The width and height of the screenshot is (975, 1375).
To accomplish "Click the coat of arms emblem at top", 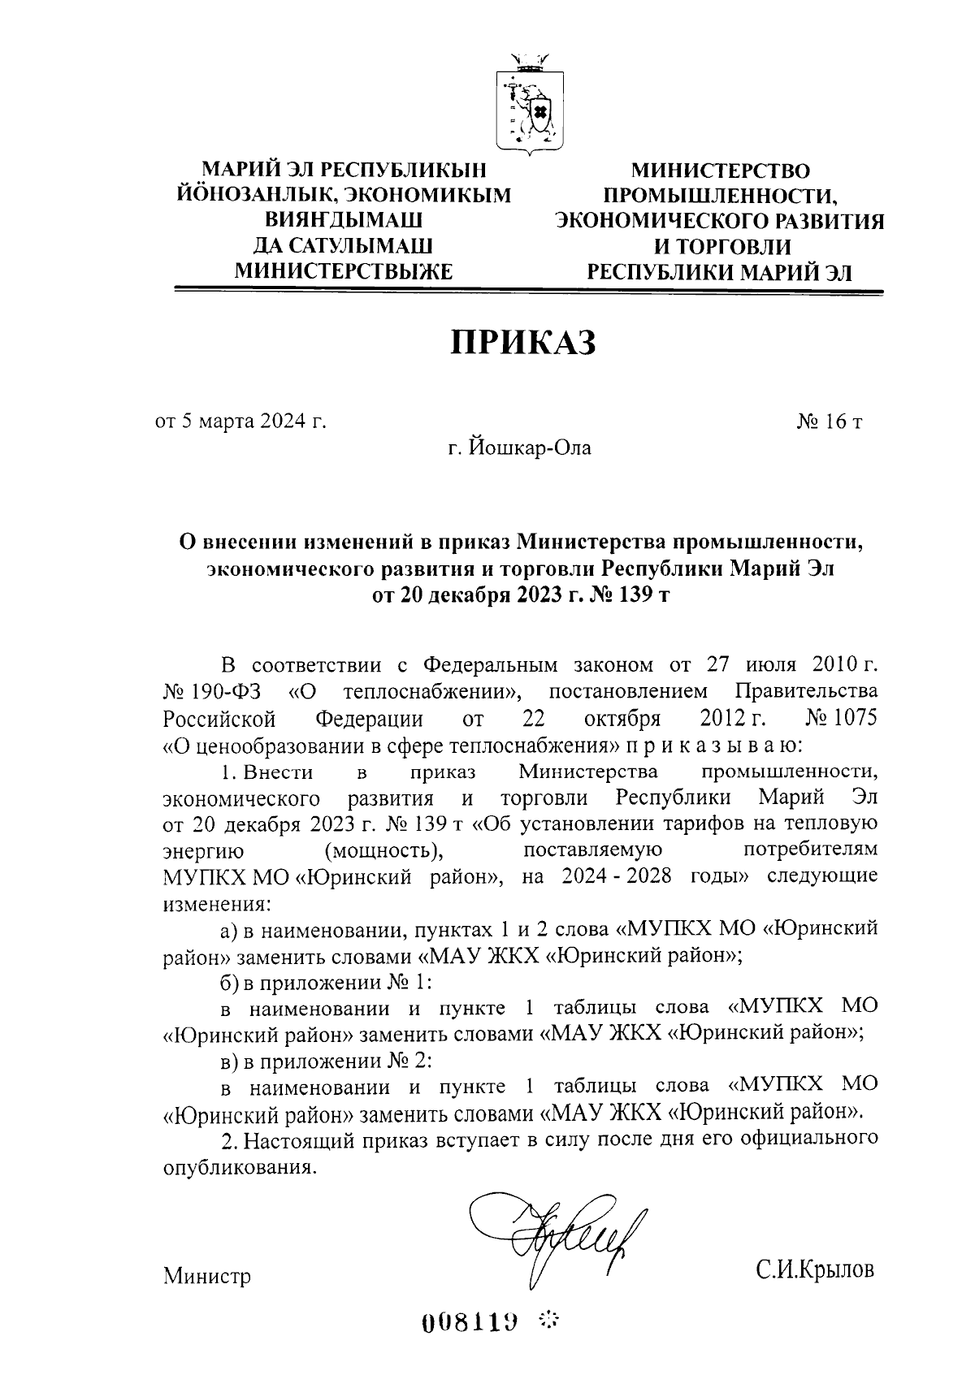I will tap(527, 103).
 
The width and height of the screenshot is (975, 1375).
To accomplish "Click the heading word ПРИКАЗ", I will tap(523, 343).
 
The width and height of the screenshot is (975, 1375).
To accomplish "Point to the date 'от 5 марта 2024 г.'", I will tap(240, 421).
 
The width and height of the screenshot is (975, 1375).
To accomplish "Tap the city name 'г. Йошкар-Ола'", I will tap(522, 448).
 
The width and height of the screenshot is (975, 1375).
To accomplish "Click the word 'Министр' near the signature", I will tap(207, 1276).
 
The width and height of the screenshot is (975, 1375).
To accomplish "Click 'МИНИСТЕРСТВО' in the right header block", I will tap(721, 171).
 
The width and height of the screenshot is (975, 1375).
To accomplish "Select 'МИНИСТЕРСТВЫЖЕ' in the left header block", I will tap(343, 271).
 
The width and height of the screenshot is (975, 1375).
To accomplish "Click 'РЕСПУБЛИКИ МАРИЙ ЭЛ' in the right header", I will tap(721, 271).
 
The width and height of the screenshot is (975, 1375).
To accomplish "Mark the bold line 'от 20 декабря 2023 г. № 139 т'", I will tap(521, 595).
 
